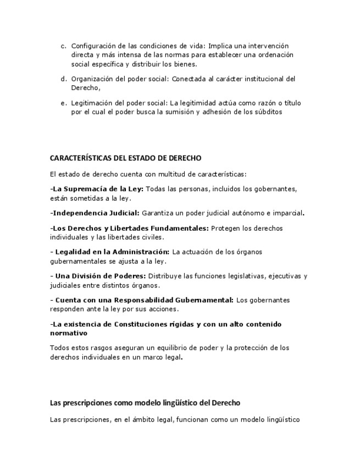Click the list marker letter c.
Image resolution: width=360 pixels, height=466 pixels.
point(63,46)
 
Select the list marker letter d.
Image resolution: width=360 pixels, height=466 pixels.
point(63,79)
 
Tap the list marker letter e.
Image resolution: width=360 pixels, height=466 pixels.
point(63,103)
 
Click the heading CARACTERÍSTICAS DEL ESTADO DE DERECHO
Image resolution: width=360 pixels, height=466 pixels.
point(125,158)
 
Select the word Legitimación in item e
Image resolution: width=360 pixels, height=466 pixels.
point(92,103)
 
